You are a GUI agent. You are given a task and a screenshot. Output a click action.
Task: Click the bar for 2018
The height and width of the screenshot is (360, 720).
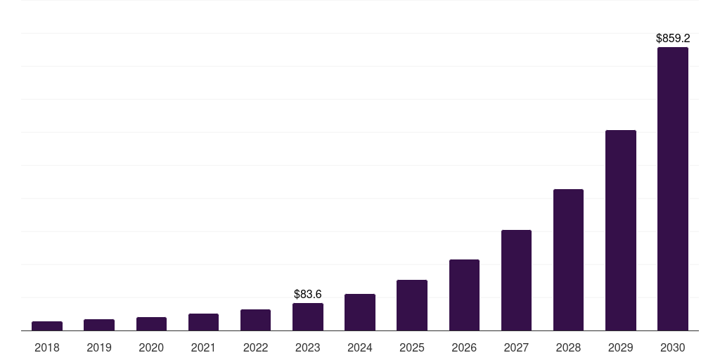(47, 326)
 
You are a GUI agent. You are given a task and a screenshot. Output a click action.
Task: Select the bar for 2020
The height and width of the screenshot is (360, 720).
(151, 324)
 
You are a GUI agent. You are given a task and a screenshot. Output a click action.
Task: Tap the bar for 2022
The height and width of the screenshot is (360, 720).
(255, 320)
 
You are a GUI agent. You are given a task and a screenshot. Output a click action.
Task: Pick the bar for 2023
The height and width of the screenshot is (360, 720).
(308, 317)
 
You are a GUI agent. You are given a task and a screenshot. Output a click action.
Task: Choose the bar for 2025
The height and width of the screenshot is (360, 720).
(412, 305)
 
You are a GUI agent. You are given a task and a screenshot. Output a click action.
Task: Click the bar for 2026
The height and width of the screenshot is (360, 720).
(464, 295)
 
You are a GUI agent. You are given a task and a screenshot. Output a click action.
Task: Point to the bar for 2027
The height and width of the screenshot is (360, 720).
(516, 281)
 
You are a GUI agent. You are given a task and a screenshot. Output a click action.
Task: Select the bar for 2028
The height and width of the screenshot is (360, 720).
(568, 260)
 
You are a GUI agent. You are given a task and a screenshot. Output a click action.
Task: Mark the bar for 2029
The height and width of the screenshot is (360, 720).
(621, 231)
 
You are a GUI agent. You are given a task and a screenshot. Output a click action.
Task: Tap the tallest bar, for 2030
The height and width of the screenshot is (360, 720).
(673, 189)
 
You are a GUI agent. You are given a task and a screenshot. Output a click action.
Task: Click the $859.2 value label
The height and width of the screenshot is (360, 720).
(673, 39)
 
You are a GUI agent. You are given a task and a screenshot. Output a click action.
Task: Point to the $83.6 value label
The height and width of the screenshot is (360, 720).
(308, 294)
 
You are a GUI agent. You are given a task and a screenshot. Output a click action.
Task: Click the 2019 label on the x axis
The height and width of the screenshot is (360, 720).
(99, 347)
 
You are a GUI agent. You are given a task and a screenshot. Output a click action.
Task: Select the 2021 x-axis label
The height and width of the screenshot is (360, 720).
(203, 347)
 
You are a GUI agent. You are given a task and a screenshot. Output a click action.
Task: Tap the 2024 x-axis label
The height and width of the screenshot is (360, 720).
(360, 347)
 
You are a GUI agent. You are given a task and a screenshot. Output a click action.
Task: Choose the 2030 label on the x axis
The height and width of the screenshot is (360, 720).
(673, 347)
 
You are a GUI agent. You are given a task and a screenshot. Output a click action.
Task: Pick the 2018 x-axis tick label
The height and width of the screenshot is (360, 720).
(47, 347)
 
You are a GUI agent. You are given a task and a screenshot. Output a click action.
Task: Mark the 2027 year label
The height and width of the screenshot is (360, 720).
(516, 347)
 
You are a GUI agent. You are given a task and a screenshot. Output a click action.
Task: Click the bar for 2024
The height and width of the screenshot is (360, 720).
(360, 312)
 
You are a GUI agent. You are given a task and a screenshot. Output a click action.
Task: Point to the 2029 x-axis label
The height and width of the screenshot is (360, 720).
(621, 347)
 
